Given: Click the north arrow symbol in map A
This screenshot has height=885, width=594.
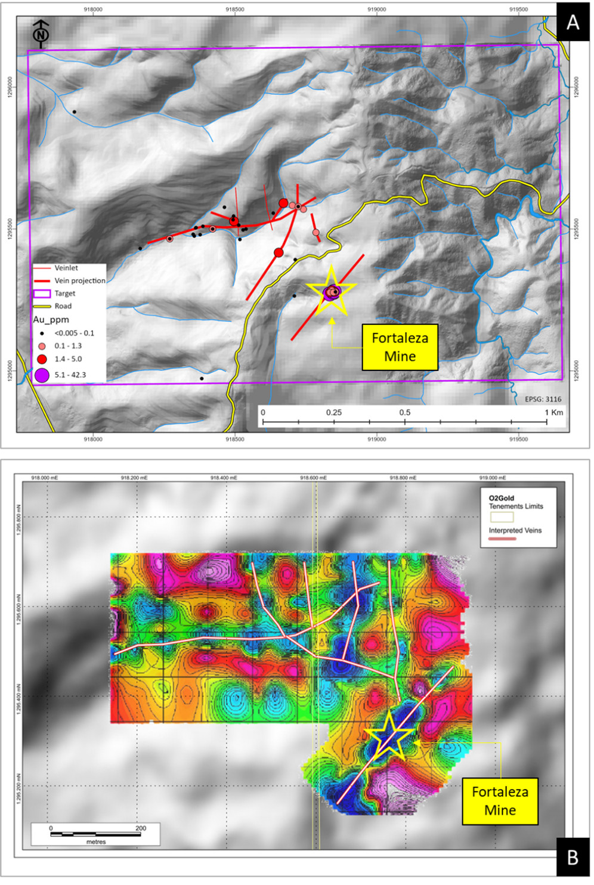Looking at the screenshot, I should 41,33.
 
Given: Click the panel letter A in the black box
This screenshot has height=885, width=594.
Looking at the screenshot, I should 573,23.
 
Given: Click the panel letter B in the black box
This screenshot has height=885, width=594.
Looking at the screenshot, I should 573,857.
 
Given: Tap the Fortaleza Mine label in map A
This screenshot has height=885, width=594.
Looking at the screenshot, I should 400,347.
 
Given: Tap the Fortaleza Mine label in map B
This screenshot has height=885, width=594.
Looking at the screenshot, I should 500,801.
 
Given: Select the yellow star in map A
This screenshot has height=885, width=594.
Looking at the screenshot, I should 332,291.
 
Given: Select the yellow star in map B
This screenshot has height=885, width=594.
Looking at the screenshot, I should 389,735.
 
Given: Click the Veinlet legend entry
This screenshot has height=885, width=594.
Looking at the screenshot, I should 66,268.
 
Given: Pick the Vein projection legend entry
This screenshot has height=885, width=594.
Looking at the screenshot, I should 79,280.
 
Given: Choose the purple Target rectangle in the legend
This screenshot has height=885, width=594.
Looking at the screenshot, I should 42,293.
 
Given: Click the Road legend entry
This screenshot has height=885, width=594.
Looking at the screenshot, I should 63,306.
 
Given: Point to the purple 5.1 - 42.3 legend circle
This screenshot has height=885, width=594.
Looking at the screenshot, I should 42,375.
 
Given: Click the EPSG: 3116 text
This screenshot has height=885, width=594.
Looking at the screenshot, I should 543,399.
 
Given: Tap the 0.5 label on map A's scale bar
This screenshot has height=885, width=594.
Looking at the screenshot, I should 405,412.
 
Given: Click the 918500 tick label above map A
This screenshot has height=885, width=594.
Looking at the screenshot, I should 235,10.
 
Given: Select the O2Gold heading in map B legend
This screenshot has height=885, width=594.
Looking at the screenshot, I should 501,498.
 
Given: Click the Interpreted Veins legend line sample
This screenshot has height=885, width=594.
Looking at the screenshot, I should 502,539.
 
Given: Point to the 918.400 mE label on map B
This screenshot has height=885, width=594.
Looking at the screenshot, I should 224,478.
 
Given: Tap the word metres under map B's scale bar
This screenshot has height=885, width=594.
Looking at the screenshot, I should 96,842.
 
